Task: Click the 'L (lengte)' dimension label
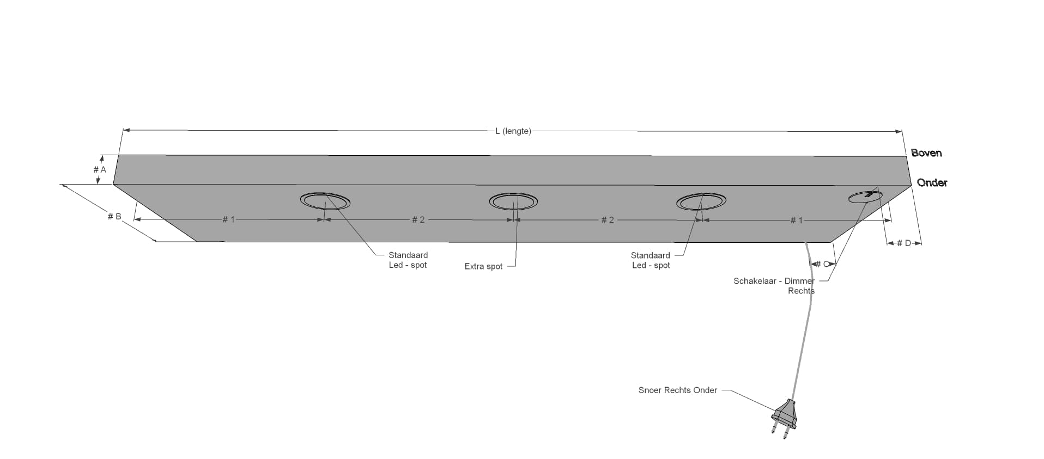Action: (513, 131)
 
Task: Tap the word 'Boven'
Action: (926, 153)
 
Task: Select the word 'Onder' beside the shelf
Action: (932, 183)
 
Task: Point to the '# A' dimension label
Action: (100, 170)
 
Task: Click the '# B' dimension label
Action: (114, 217)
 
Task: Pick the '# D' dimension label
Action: (903, 243)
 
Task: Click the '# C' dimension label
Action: (822, 264)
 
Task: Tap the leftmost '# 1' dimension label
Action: (228, 219)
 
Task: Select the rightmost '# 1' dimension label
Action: (796, 220)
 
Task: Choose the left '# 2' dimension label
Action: (418, 219)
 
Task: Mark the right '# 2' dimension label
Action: (608, 220)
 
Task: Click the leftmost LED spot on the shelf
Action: (325, 201)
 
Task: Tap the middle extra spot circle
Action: (513, 201)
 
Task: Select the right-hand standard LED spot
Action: (701, 201)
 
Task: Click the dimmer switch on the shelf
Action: (865, 197)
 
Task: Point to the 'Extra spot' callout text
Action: (483, 266)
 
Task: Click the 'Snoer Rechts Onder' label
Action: (677, 390)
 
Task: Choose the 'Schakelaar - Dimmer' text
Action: (774, 281)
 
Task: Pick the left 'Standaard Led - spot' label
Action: (408, 260)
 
